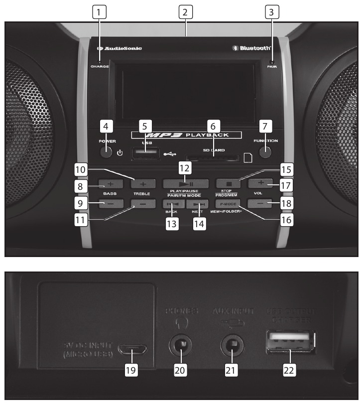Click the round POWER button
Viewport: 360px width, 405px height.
pyautogui.click(x=106, y=151)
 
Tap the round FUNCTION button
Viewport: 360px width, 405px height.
pyautogui.click(x=266, y=151)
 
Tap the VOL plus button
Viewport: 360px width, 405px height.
pyautogui.click(x=261, y=183)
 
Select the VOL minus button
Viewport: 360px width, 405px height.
pyautogui.click(x=261, y=203)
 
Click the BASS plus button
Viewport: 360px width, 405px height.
pyautogui.click(x=109, y=183)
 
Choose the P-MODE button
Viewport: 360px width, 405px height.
pyautogui.click(x=228, y=203)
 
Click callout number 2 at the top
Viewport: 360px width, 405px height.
pyautogui.click(x=185, y=11)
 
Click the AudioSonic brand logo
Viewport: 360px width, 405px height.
pyautogui.click(x=120, y=48)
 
